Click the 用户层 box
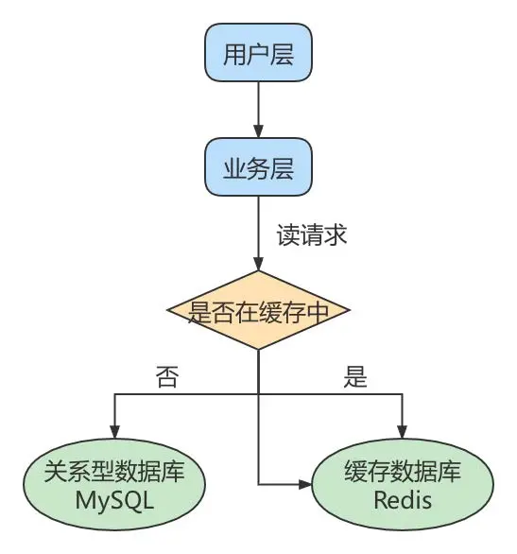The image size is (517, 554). (258, 55)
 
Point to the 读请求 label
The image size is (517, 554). (312, 234)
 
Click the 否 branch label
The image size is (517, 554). (167, 377)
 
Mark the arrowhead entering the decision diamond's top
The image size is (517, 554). (258, 264)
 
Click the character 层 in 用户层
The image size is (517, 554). (282, 55)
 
